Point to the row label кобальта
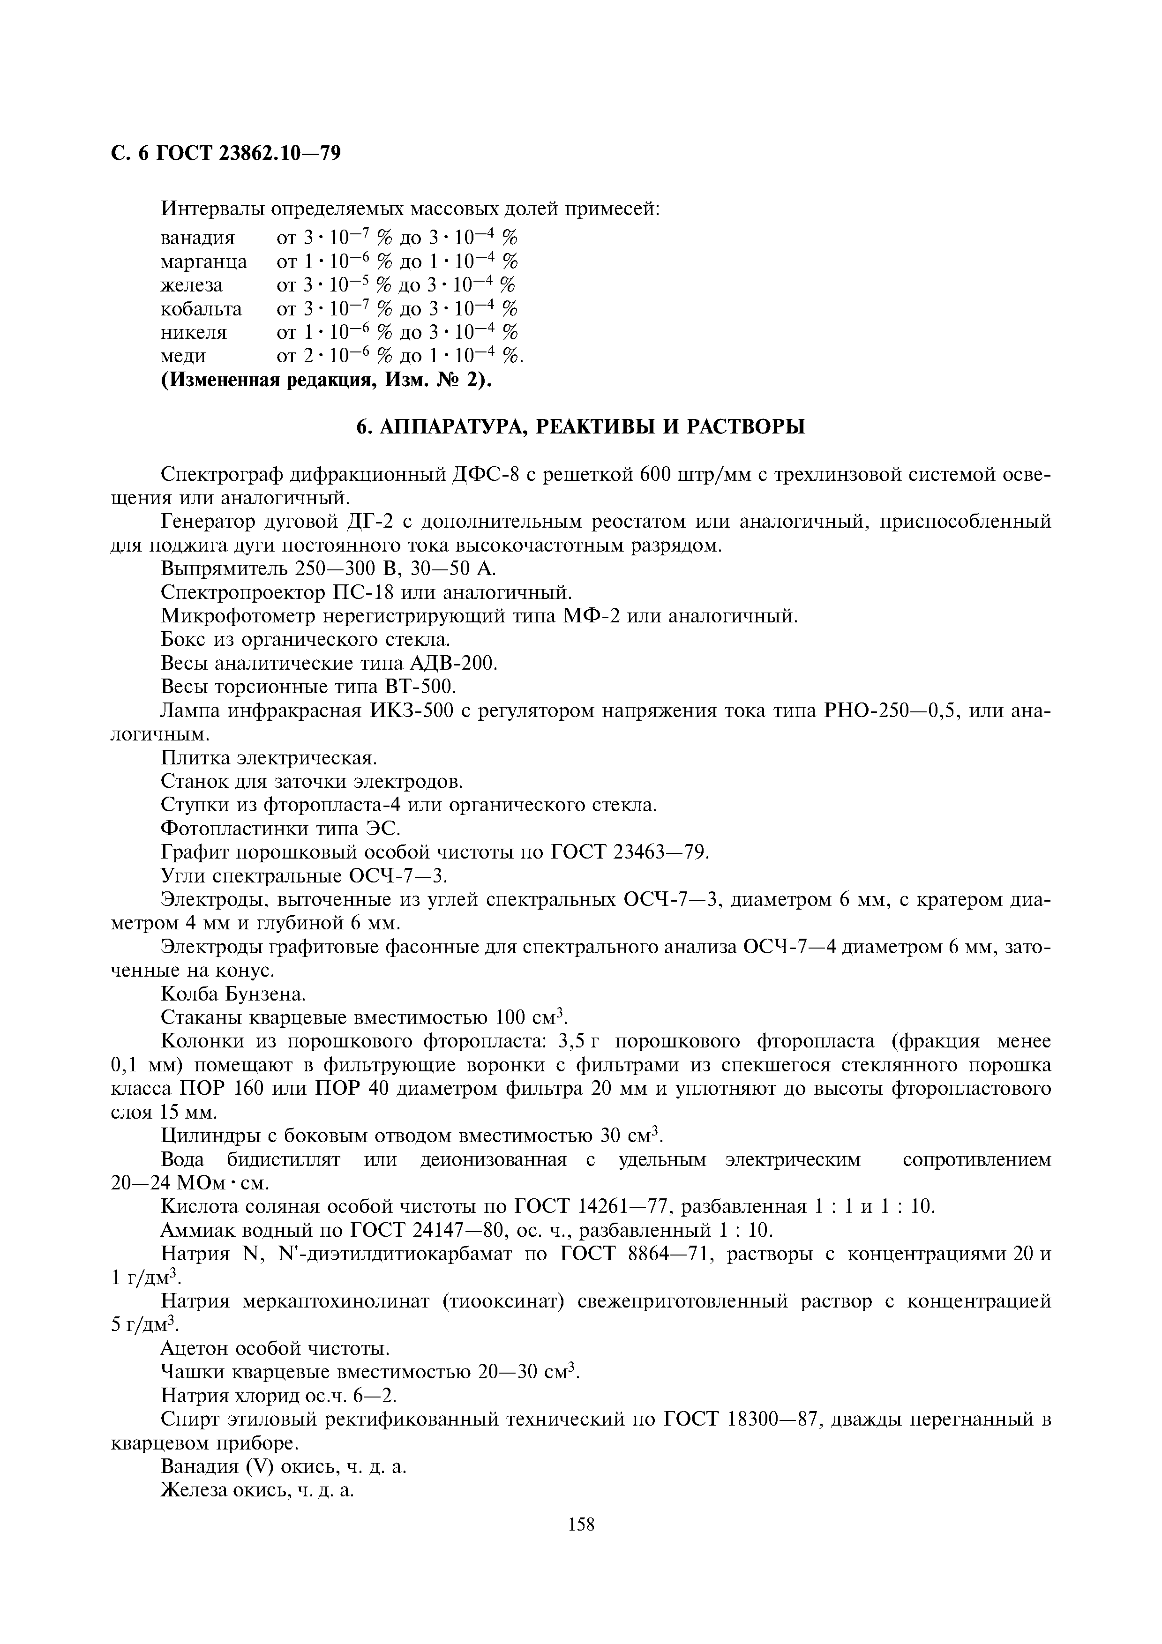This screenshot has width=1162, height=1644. click(201, 309)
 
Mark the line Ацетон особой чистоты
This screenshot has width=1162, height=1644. click(276, 1348)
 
